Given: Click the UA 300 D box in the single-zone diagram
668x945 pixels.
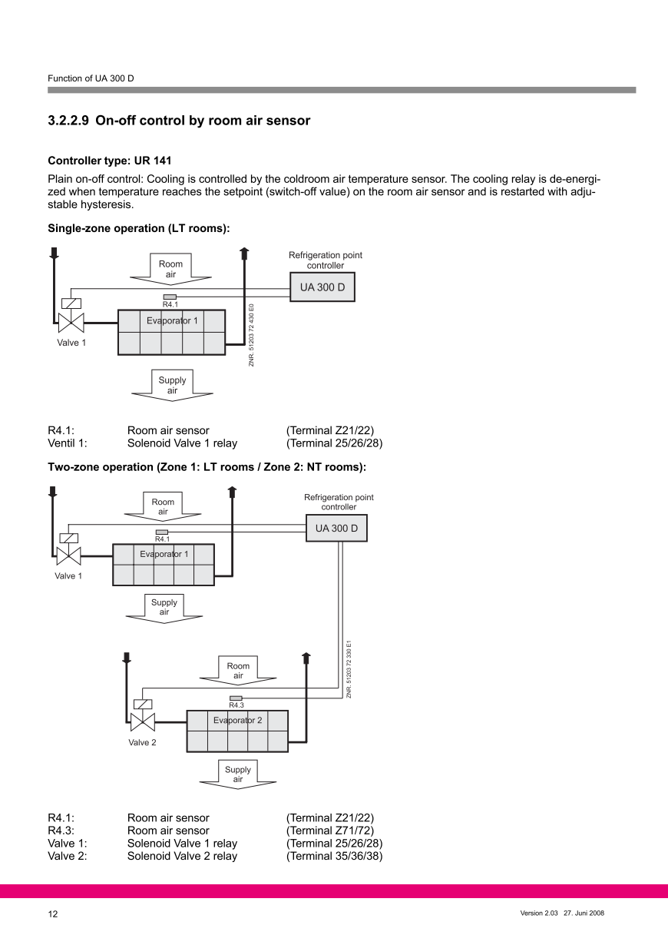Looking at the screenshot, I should (x=322, y=287).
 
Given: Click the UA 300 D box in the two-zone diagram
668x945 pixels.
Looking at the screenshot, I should (x=336, y=529).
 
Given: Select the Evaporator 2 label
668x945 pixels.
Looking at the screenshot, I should (x=237, y=721).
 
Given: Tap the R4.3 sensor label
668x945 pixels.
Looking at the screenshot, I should (x=236, y=705).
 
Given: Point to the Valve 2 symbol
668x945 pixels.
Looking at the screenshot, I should (x=142, y=721).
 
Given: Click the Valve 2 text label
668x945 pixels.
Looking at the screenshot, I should (x=142, y=742).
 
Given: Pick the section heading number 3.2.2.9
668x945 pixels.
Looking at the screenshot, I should (x=68, y=121).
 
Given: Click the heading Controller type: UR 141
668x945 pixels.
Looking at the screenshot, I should (x=110, y=161).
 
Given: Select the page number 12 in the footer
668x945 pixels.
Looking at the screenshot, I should (x=53, y=914).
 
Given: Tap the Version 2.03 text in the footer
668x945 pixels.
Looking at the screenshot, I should (x=538, y=913).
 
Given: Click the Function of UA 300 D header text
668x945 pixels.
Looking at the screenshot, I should (x=91, y=78).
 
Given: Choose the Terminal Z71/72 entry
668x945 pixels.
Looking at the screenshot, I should (x=330, y=831).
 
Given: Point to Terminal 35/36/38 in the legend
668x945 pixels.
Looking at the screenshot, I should (x=334, y=856).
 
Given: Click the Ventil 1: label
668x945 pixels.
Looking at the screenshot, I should (x=68, y=443).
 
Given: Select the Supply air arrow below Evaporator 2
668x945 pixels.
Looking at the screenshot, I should (x=238, y=774).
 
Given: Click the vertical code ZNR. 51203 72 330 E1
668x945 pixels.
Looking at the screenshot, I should (x=349, y=668).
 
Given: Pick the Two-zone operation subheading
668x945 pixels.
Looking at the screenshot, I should (x=207, y=467).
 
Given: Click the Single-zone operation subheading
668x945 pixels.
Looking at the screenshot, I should (x=139, y=228).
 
